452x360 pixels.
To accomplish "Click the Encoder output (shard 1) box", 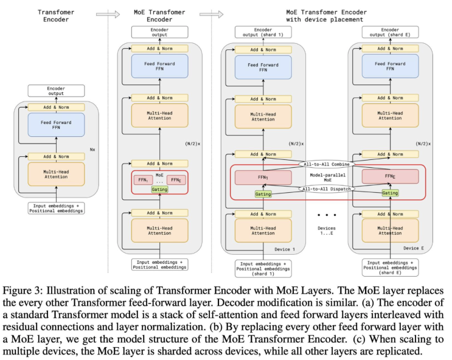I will click(263, 32).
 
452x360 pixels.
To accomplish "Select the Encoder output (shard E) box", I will click(390, 32).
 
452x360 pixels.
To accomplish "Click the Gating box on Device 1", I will click(263, 193).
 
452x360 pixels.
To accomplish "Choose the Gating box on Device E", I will click(390, 193).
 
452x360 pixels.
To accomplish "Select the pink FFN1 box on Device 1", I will click(263, 177).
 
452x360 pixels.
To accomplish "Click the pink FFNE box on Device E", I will click(390, 177).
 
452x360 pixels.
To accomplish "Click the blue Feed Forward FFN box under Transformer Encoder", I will click(56, 125).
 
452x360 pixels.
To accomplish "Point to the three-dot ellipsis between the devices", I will click(327, 215).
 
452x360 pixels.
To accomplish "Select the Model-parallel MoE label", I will click(327, 177).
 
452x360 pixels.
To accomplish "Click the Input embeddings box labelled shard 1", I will click(263, 268).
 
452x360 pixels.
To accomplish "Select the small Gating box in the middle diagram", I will click(159, 190).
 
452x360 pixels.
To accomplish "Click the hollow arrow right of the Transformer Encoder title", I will click(104, 13).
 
